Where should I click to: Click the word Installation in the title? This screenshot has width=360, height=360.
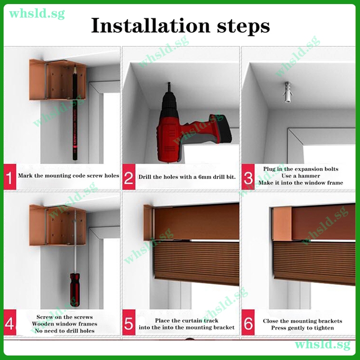coord(151,25)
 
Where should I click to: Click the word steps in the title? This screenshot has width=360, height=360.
coord(243,27)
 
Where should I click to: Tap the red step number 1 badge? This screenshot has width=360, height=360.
coord(9,177)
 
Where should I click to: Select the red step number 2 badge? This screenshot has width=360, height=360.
coord(129,177)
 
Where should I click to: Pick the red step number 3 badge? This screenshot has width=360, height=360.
coord(248,177)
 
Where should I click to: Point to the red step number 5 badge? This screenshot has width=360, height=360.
coord(129,322)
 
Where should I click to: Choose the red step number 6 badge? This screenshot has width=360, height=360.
coord(248,322)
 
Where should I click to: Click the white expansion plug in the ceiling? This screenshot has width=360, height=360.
coord(287,92)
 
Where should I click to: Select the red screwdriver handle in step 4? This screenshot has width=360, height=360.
coord(75,290)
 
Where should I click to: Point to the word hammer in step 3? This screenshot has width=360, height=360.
coord(308,176)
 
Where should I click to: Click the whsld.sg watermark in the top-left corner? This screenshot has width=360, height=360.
coord(37,14)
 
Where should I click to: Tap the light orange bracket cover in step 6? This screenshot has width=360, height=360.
coord(282,223)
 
